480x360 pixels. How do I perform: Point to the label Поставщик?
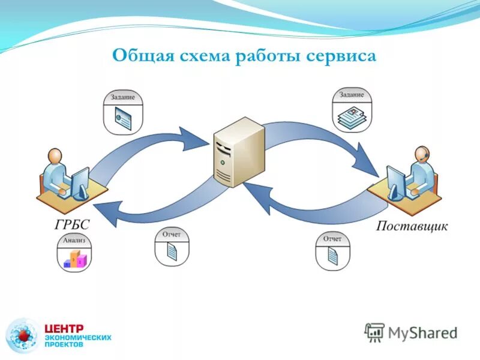412,226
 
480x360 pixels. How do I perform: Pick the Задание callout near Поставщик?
352,109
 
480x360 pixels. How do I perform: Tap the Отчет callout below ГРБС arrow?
172,246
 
